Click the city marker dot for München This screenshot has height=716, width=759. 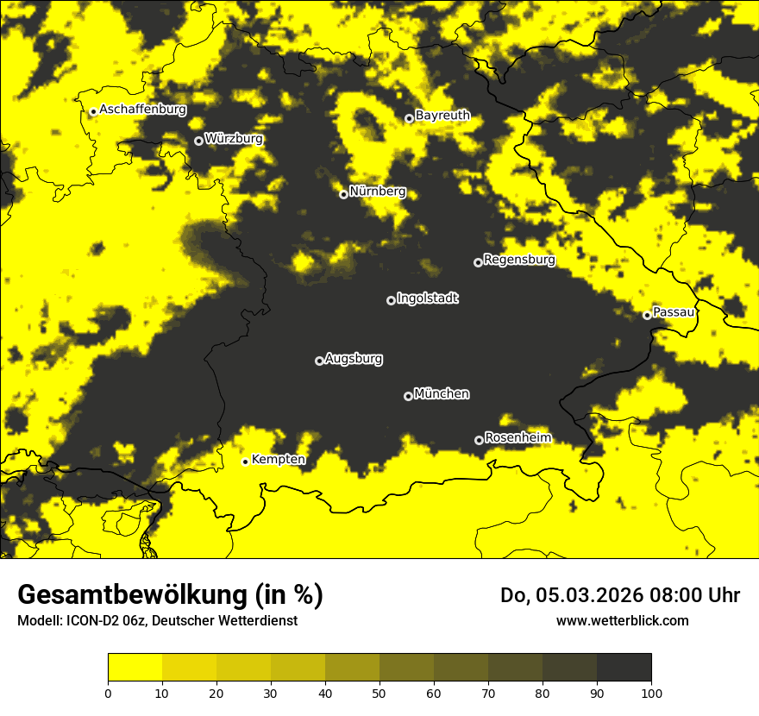[408, 396]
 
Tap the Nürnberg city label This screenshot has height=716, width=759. [377, 192]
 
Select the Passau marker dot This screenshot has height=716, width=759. [647, 315]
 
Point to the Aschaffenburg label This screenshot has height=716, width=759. [142, 110]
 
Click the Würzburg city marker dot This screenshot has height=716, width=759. [198, 141]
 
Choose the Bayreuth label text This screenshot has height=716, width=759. [442, 115]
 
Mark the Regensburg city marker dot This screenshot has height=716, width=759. [478, 262]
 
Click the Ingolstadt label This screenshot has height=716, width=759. [427, 298]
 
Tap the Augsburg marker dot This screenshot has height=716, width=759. [319, 361]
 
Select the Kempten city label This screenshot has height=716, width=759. [278, 459]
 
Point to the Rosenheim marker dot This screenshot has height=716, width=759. [479, 440]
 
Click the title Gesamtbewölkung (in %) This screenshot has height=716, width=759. [170, 595]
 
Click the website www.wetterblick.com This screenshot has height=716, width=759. [622, 620]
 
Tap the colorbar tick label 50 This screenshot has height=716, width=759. [379, 693]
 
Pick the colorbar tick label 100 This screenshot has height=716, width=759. [651, 693]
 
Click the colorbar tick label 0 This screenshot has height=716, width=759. [108, 693]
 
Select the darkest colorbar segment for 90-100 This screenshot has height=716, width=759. [624, 668]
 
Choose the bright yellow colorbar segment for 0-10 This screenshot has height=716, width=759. [135, 668]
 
